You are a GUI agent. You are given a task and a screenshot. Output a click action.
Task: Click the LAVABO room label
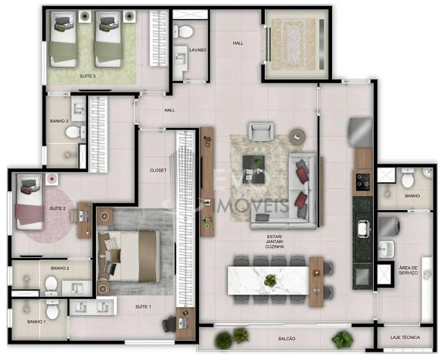[x=198, y=50]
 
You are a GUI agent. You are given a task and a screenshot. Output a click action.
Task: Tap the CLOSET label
[x=158, y=170]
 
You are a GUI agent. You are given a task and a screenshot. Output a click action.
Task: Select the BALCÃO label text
[x=286, y=338]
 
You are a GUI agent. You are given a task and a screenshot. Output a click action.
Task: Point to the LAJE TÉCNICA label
[x=405, y=337]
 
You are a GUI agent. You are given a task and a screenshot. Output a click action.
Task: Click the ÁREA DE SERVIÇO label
[x=408, y=271]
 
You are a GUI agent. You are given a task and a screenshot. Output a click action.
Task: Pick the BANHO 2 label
[x=59, y=268]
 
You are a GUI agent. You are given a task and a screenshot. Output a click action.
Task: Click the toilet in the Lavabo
[x=183, y=31]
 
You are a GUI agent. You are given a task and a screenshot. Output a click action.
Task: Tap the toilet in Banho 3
[x=76, y=132]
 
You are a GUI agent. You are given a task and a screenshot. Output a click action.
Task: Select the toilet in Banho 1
[x=52, y=309]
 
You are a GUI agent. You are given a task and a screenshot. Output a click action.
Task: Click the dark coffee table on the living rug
[x=253, y=169]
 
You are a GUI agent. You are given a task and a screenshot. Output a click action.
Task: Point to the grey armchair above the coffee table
[x=261, y=131]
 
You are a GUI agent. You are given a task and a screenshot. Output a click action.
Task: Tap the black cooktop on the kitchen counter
[x=363, y=182]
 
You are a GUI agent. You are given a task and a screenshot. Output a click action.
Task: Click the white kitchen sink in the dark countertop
[x=364, y=229]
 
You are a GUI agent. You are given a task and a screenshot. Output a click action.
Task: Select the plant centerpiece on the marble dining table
[x=270, y=280]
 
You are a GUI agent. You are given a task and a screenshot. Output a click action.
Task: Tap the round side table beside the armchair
[x=297, y=136]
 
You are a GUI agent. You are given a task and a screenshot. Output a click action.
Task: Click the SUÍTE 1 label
[x=143, y=307]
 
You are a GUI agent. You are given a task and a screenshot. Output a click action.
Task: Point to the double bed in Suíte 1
[x=129, y=256]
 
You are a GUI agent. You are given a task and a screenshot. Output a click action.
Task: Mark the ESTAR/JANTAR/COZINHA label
[x=274, y=242]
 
